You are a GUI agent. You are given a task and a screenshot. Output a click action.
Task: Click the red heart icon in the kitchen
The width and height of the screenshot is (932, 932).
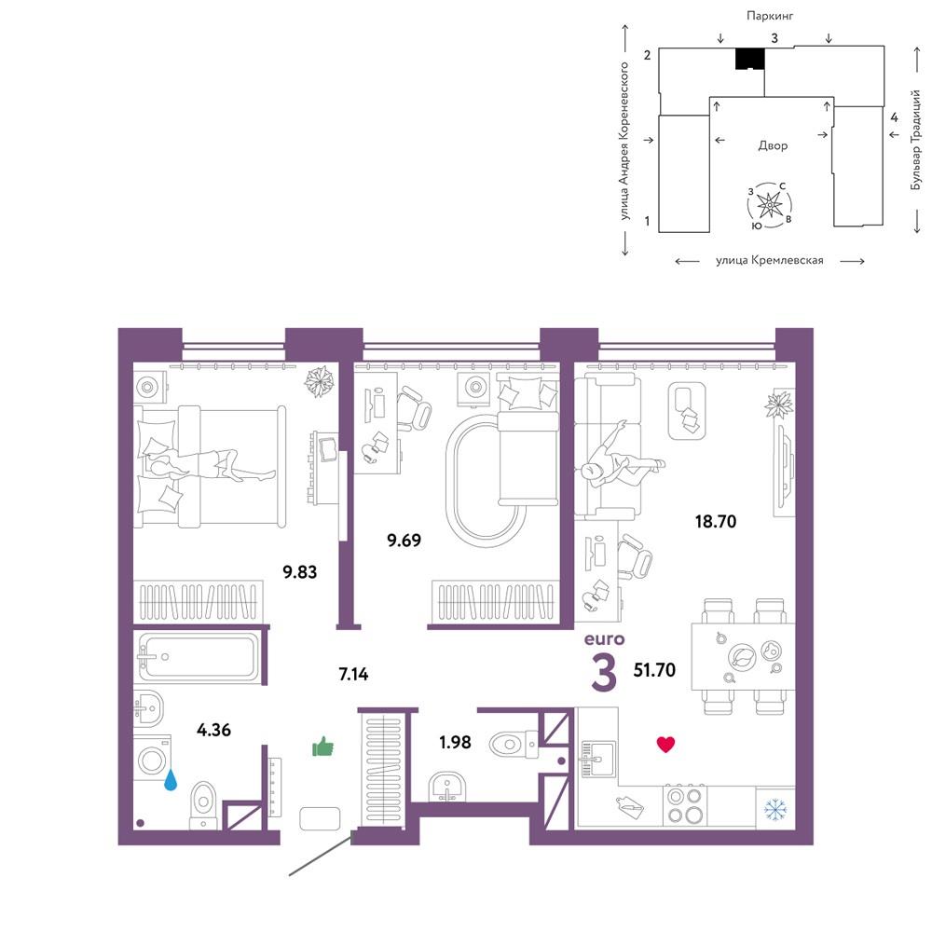[665, 745]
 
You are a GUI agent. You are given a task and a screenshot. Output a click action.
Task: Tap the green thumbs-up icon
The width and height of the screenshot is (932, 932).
[322, 747]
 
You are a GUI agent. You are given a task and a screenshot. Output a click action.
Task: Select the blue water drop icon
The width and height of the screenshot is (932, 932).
[171, 780]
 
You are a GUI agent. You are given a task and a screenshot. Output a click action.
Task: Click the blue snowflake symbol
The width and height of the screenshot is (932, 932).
[775, 808]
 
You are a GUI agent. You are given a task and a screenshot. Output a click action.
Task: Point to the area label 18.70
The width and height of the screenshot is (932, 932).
[716, 521]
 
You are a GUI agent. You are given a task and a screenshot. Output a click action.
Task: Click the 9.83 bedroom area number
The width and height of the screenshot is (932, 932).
[299, 572]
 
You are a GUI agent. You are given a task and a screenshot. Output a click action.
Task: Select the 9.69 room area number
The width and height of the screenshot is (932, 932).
[404, 541]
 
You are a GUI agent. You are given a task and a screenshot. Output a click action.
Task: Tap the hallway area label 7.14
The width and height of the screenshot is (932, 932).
[353, 674]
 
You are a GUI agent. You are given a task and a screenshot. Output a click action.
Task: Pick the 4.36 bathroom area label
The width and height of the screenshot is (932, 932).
[214, 730]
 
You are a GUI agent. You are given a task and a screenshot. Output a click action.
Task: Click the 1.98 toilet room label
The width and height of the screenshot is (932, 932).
[455, 742]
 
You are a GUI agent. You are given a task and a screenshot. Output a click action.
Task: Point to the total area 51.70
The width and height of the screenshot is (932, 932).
[654, 670]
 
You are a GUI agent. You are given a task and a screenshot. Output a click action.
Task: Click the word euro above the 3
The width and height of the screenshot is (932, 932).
[605, 639]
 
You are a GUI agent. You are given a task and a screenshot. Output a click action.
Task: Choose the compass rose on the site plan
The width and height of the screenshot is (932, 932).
[770, 205]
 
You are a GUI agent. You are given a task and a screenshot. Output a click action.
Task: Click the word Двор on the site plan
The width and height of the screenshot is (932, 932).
[773, 145]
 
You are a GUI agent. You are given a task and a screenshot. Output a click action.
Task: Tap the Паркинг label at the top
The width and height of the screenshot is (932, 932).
[770, 16]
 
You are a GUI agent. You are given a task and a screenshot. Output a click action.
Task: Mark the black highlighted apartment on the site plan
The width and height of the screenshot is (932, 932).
[749, 58]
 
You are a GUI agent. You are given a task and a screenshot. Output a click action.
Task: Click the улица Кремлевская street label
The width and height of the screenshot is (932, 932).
[770, 260]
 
